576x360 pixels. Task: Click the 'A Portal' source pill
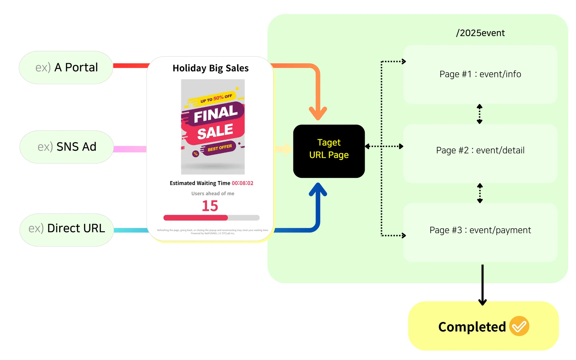[x=66, y=67]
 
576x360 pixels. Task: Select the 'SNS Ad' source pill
[x=67, y=147]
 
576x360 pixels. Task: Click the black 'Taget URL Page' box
[x=329, y=151]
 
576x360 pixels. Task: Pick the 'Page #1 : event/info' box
[x=480, y=74]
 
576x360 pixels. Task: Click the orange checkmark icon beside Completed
[x=519, y=326]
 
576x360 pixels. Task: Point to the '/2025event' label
[x=480, y=33]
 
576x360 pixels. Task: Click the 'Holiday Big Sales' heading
[x=211, y=68]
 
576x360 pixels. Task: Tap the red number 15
[x=210, y=206]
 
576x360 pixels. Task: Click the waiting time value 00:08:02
[x=242, y=183]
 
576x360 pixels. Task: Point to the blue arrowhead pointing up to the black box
[x=318, y=189]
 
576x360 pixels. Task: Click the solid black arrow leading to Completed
[x=482, y=285]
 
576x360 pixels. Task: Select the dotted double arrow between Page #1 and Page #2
[x=480, y=114]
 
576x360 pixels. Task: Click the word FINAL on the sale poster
[x=216, y=114]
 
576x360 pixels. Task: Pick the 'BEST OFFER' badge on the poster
[x=220, y=148]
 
